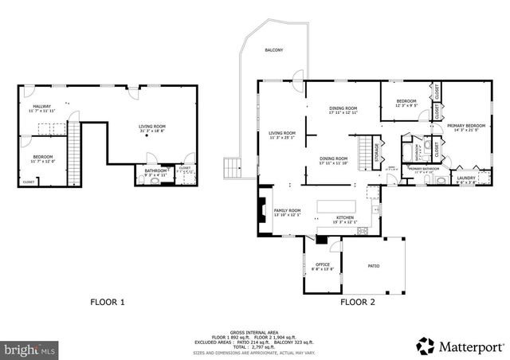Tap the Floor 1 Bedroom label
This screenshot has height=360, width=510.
[42, 158]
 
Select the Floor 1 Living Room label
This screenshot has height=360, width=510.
[152, 127]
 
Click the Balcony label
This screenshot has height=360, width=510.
[273, 50]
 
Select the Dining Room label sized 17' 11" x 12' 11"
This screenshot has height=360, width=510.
[343, 111]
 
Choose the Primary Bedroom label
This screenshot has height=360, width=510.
[466, 127]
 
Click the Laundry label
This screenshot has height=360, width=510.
[466, 179]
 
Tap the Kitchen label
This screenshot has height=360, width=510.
[345, 219]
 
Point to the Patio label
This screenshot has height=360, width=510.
[373, 266]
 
